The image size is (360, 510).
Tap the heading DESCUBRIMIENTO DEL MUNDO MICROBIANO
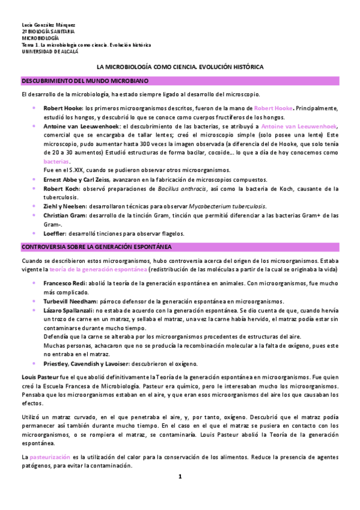[88, 80]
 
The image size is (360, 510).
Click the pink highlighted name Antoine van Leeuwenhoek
[299, 127]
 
